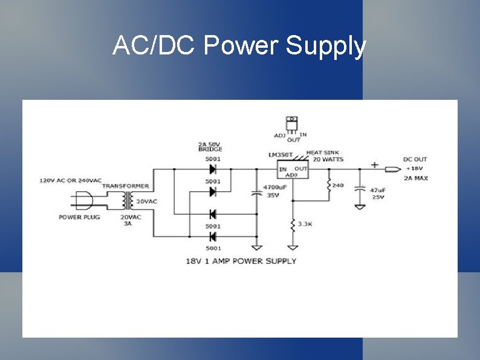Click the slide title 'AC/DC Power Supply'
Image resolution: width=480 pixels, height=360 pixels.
[239, 46]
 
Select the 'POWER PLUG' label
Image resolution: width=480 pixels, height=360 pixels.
[79, 217]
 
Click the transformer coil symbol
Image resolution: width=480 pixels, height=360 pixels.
[126, 199]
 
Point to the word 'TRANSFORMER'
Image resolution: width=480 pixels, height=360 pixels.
[126, 186]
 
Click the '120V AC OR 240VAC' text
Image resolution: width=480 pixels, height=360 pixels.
[71, 180]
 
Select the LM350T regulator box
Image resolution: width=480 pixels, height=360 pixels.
[292, 169]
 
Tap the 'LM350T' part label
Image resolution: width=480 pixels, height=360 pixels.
[281, 155]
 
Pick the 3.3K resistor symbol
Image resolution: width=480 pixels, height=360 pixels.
[293, 225]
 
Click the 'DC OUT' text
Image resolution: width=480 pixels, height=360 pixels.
[415, 160]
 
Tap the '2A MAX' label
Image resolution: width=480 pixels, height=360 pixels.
[417, 178]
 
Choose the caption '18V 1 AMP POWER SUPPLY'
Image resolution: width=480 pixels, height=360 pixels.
[241, 261]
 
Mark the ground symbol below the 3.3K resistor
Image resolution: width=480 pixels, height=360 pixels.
[293, 247]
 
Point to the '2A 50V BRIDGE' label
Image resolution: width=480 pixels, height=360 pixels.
[210, 146]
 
